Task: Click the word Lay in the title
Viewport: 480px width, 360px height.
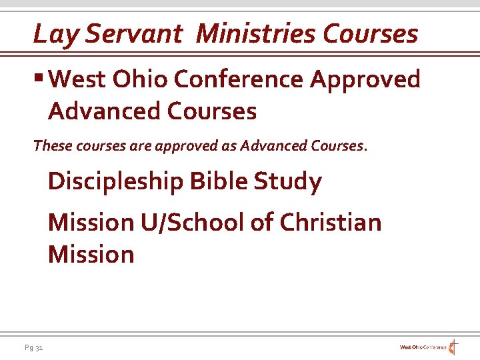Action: [51, 34]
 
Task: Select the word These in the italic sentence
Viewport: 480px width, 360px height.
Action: [49, 145]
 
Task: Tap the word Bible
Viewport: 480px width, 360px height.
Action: [215, 181]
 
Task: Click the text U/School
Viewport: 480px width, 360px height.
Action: [193, 222]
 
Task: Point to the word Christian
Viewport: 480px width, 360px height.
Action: [331, 222]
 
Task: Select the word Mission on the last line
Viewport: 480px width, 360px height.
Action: [91, 254]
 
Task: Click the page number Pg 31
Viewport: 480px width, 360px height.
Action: [34, 347]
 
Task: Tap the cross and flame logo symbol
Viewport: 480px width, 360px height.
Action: [454, 347]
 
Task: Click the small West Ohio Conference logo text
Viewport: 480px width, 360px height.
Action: [423, 347]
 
